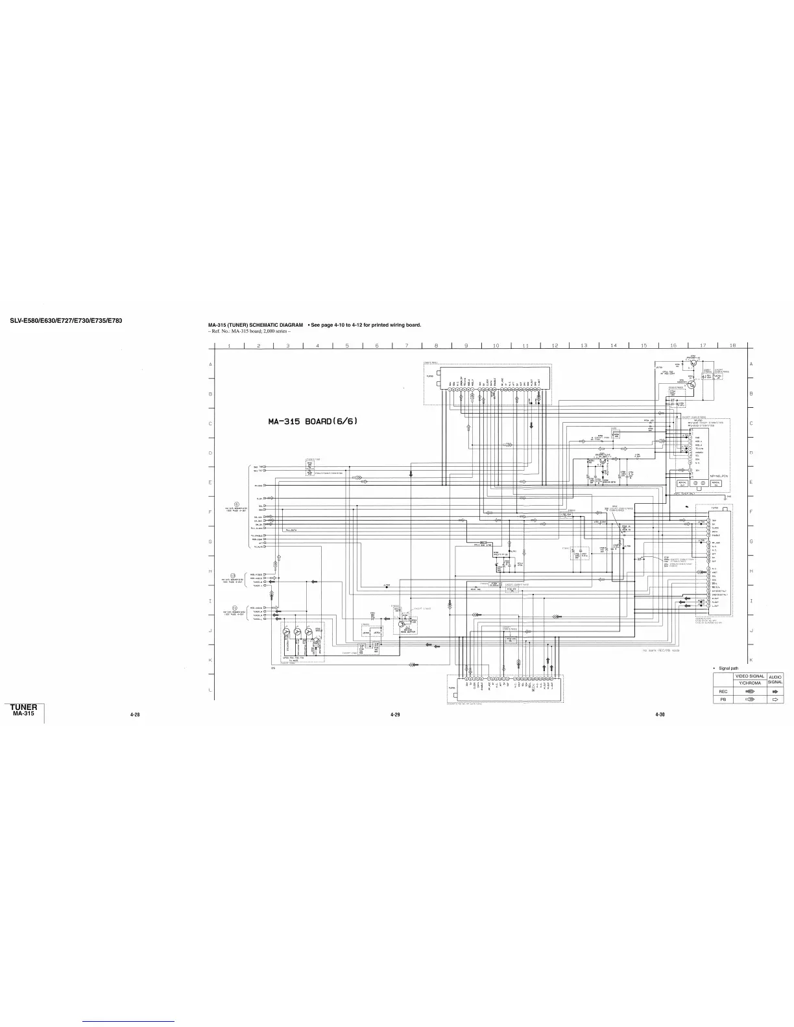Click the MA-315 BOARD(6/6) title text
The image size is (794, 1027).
tap(313, 422)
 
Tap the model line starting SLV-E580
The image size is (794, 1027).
tap(66, 320)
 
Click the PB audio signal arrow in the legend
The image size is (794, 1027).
tap(775, 700)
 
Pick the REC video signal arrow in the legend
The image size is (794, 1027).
tap(751, 692)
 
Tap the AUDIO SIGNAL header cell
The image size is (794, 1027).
tap(775, 679)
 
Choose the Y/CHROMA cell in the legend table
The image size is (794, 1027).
tap(750, 683)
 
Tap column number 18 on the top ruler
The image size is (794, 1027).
tap(732, 346)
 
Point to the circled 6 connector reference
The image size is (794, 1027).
tap(236, 504)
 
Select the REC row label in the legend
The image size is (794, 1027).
tap(723, 692)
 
